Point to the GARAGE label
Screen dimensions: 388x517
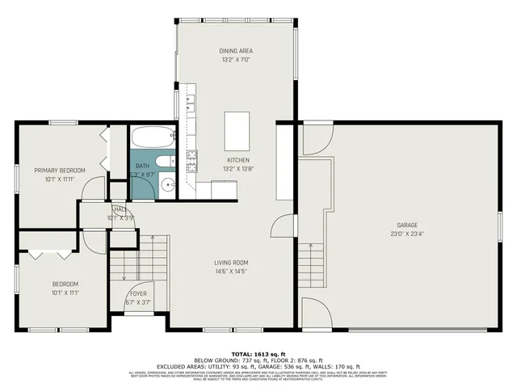(406, 225)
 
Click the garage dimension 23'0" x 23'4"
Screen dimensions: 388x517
(406, 234)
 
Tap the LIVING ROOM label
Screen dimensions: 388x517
(230, 263)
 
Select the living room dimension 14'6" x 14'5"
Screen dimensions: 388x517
(230, 272)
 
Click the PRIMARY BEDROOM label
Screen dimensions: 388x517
(59, 170)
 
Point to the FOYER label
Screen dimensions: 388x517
(139, 293)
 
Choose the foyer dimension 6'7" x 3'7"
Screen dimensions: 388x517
(139, 302)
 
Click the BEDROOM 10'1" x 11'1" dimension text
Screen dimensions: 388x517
(65, 293)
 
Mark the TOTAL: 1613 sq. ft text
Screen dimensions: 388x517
(258, 354)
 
